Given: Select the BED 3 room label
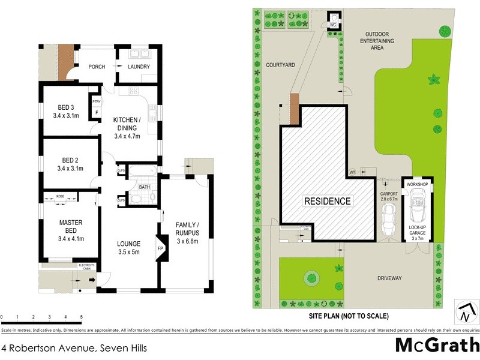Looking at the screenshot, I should (x=65, y=112).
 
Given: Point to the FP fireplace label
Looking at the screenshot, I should (x=160, y=247).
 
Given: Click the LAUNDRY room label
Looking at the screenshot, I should (x=137, y=67).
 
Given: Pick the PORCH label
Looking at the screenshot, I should (x=97, y=67).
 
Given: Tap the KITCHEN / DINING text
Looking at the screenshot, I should (x=127, y=128).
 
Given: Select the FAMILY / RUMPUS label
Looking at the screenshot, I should (x=187, y=229).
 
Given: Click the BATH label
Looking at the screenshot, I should (x=144, y=187).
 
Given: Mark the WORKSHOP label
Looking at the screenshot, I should (x=416, y=184).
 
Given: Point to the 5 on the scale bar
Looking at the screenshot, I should (x=81, y=317).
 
